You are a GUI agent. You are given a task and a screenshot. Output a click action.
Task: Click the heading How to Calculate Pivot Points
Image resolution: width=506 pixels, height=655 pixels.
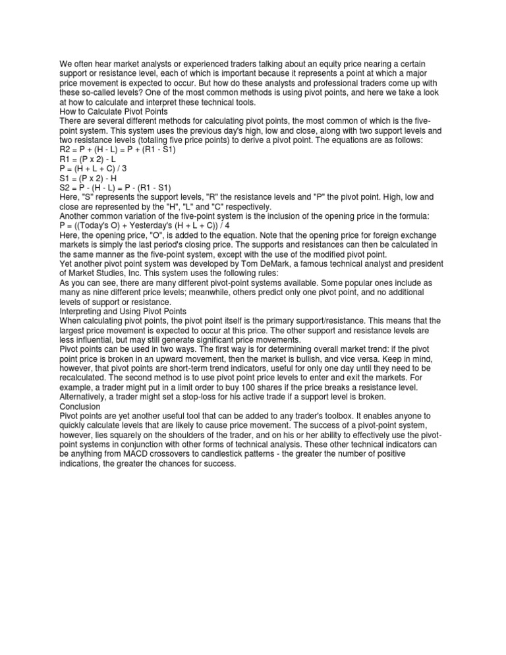click(109, 111)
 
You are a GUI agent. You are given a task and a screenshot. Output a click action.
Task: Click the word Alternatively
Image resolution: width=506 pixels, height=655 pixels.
click(86, 397)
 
